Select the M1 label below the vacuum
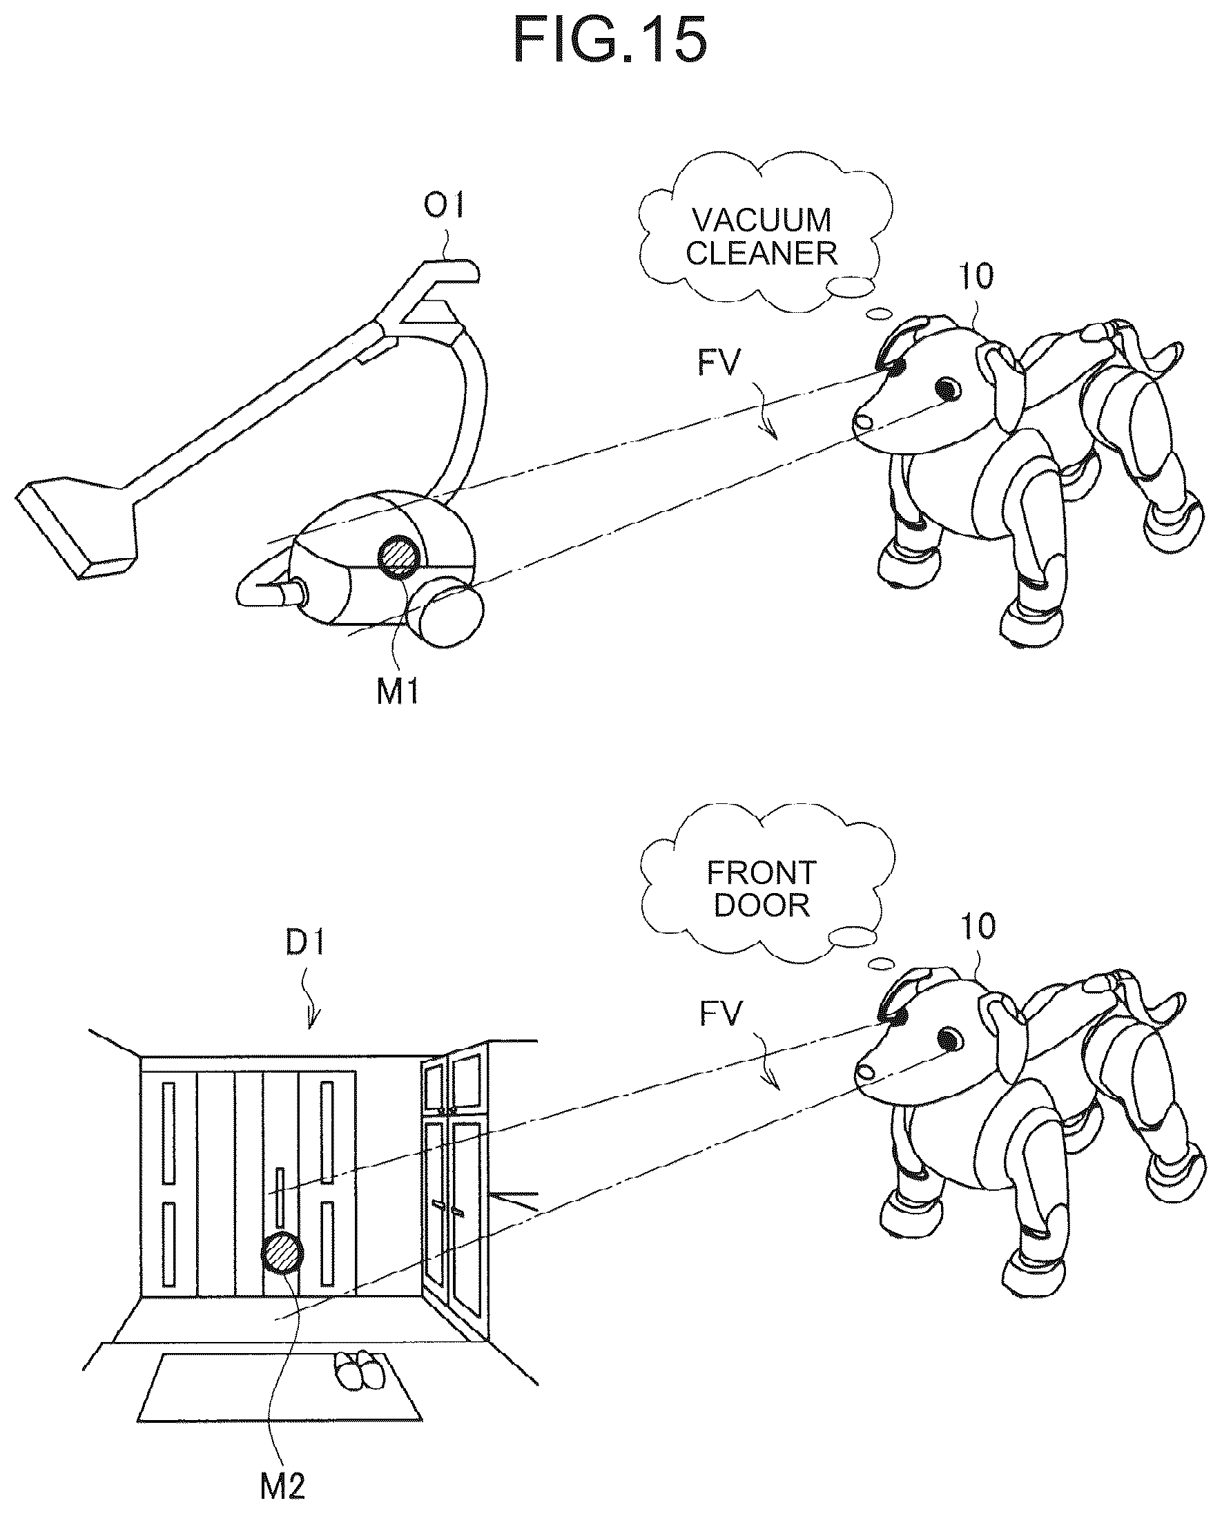tap(398, 691)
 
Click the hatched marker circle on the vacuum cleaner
tap(399, 556)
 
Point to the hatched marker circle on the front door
tap(282, 1253)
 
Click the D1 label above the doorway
tap(305, 942)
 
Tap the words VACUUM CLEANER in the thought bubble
tap(762, 237)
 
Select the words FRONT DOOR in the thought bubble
tap(762, 890)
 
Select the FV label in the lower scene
tap(721, 1015)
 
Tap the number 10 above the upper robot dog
tap(977, 276)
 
